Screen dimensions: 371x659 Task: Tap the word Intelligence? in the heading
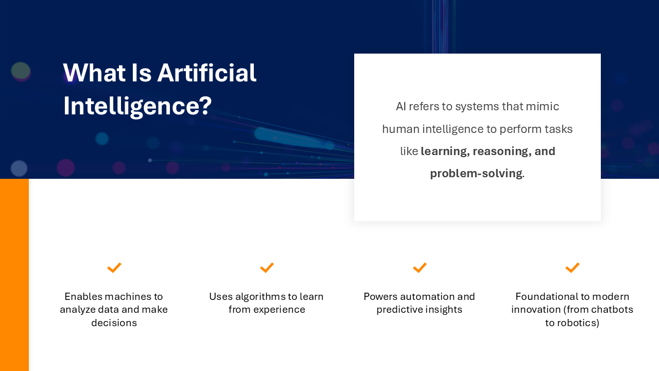[x=137, y=106]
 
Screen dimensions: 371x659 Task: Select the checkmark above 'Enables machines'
[x=114, y=267]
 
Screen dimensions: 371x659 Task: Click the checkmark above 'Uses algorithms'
[x=267, y=267]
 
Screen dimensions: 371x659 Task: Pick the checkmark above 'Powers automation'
[x=420, y=267]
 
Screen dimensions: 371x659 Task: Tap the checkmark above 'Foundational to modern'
[x=572, y=267]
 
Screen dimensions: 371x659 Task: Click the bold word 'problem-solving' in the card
[x=476, y=174]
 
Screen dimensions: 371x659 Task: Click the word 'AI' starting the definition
[x=401, y=107]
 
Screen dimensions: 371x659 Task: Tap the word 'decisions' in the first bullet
[x=114, y=323]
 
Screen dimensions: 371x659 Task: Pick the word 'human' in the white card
[x=398, y=129]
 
